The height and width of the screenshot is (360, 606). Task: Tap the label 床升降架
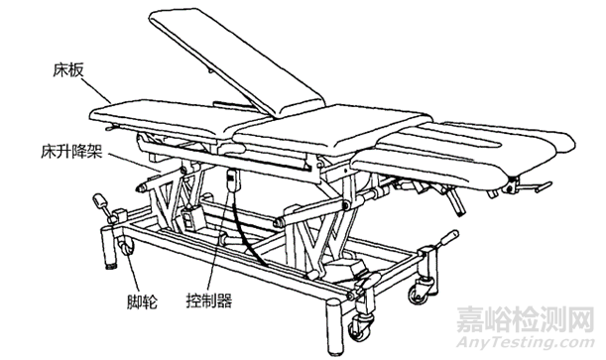pos(71,152)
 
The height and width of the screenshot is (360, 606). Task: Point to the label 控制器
pos(209,300)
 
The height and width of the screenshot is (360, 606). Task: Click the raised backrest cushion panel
pos(237,63)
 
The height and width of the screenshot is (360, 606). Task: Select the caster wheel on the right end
pos(419,292)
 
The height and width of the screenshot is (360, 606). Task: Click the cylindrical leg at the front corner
pos(334,329)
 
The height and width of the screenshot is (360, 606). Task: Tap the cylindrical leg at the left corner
pos(108,247)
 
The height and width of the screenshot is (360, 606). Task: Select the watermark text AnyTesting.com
pos(526,342)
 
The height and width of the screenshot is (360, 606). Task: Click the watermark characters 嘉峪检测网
pos(526,318)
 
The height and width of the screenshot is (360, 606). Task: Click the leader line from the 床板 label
pos(97,91)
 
